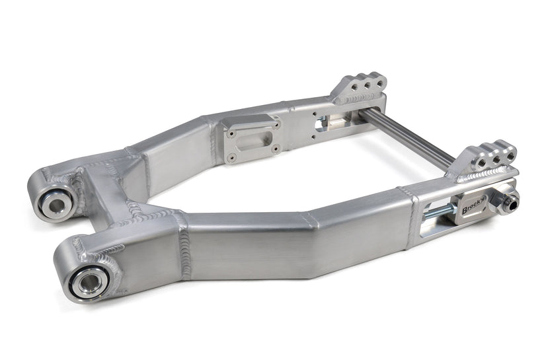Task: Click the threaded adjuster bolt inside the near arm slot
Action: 440,213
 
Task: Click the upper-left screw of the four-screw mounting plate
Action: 229,132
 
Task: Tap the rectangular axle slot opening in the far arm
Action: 337,123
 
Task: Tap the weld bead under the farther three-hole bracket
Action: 357,99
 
